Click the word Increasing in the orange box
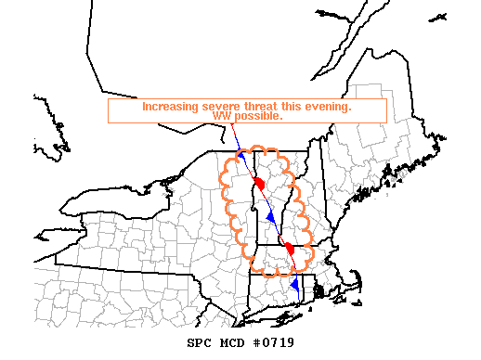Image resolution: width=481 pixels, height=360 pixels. (x=167, y=107)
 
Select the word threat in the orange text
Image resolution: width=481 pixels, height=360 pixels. (x=255, y=107)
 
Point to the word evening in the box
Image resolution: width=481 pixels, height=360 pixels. (x=328, y=107)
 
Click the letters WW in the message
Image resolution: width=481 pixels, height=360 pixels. (x=221, y=117)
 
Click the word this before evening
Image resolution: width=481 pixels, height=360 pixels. (x=290, y=107)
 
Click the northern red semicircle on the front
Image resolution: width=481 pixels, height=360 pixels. (x=260, y=184)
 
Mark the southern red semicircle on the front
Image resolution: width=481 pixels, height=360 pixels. (x=289, y=249)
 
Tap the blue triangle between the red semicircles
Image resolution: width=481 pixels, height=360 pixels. (x=271, y=217)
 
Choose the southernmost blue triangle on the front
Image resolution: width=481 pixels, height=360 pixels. (x=295, y=284)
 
